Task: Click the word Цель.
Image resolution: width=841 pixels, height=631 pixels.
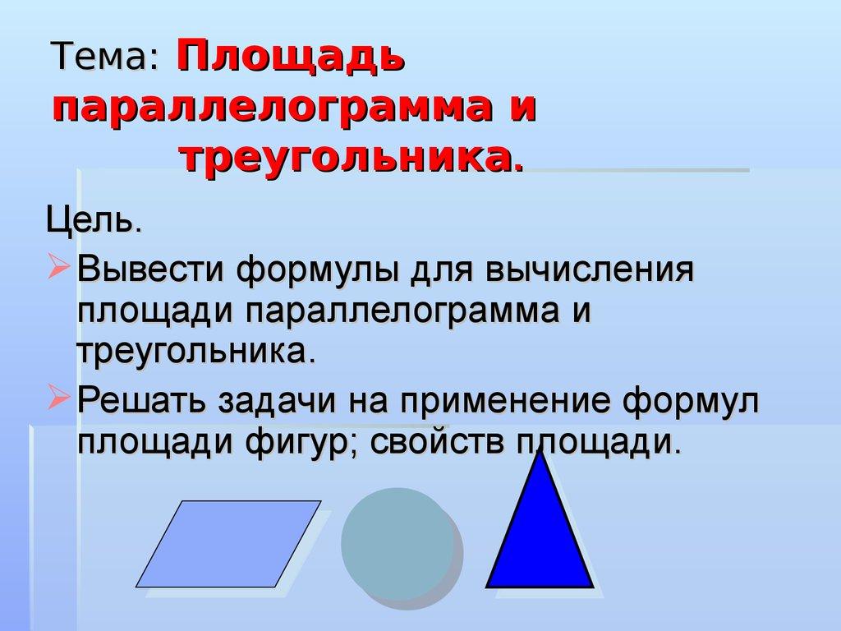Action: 94,221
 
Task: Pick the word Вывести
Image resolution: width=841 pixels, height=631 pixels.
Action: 152,270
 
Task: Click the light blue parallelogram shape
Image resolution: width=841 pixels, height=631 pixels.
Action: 228,543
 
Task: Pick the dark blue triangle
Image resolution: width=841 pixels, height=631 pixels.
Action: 540,542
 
